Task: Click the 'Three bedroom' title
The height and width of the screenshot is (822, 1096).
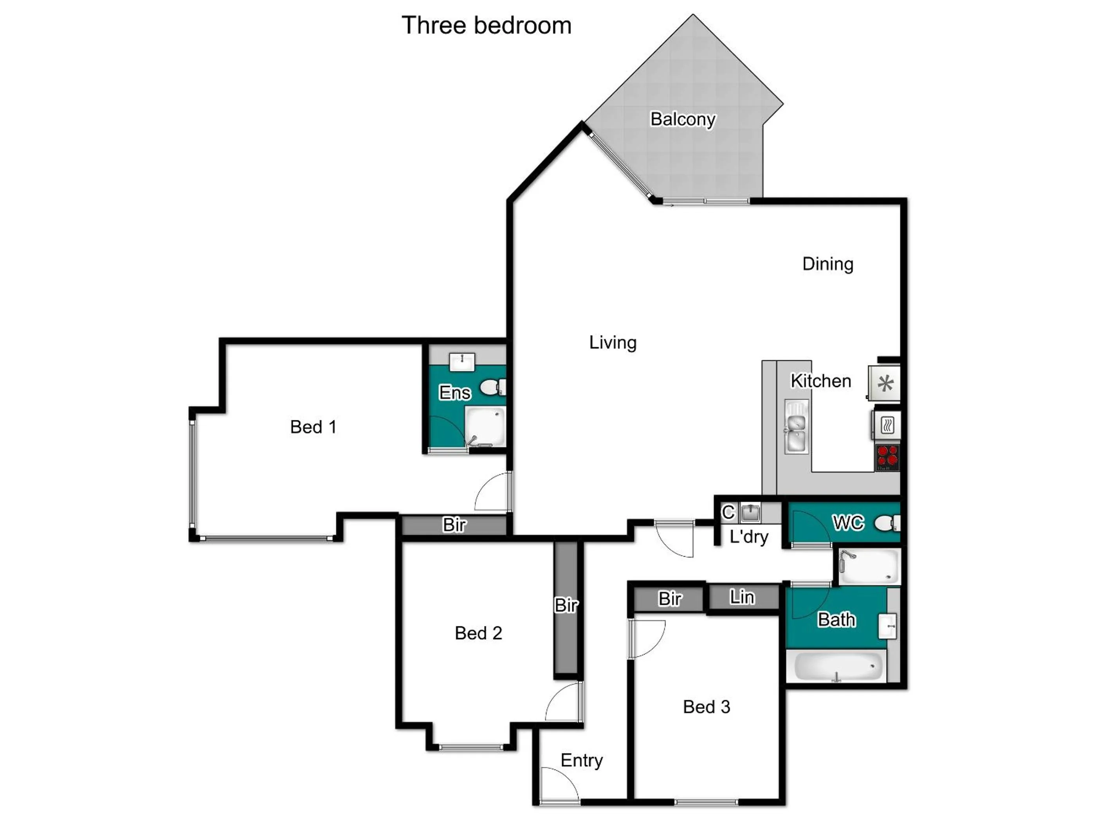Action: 486,25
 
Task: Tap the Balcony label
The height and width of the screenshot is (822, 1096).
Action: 683,119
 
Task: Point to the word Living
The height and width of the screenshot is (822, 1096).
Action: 613,342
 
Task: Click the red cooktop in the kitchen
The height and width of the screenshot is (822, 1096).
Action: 887,457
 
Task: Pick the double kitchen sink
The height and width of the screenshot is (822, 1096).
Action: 796,426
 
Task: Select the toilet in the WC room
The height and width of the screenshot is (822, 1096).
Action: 887,523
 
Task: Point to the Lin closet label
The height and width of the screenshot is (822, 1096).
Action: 742,597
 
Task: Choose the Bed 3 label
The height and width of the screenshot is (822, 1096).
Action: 706,707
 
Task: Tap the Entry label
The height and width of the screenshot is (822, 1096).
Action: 581,760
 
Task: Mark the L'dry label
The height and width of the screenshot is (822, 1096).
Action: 749,537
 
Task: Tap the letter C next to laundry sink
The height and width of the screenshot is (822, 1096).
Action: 728,512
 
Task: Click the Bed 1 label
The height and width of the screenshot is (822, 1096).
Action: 313,427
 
